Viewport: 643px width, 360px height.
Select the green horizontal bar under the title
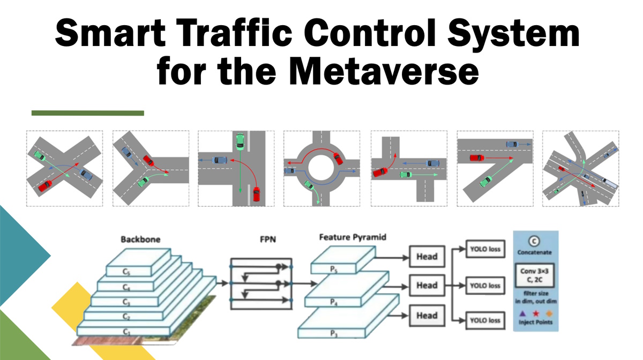pyautogui.click(x=88, y=113)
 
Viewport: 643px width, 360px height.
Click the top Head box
pyautogui.click(x=427, y=256)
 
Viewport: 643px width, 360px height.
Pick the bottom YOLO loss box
pyautogui.click(x=485, y=320)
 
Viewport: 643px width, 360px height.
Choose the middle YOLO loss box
pyautogui.click(x=485, y=286)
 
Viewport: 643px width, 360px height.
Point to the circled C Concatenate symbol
pyautogui.click(x=536, y=241)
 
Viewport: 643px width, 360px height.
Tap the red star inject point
pyautogui.click(x=536, y=311)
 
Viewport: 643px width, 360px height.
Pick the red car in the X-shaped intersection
pyautogui.click(x=46, y=185)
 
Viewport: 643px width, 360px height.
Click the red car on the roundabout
pyautogui.click(x=338, y=159)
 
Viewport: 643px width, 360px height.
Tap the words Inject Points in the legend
pyautogui.click(x=536, y=322)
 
